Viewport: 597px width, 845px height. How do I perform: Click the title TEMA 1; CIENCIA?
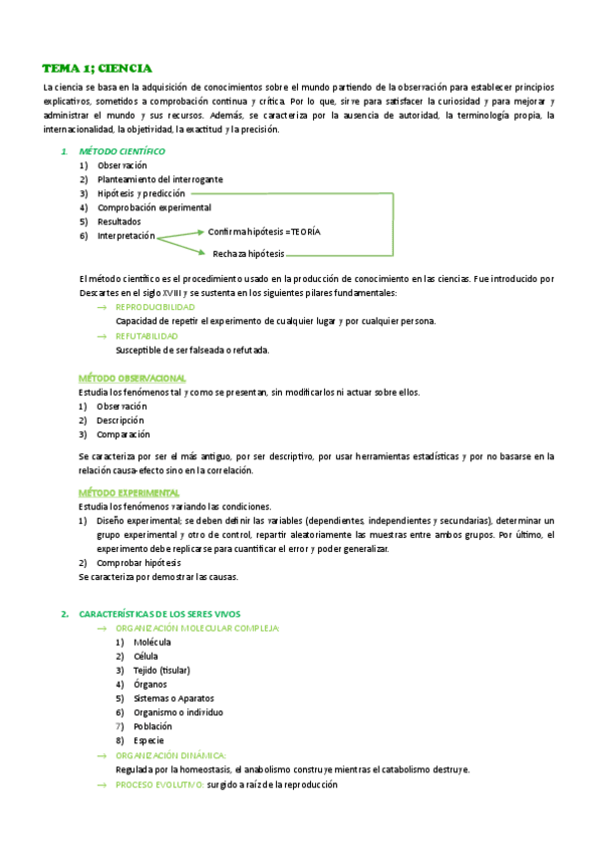tap(97, 68)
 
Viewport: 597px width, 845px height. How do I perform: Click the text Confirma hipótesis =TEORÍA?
tap(264, 231)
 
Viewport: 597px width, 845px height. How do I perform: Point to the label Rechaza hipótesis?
tap(248, 253)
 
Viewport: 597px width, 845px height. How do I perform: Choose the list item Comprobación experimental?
tap(153, 207)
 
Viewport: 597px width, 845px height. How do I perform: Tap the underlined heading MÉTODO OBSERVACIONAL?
tap(132, 379)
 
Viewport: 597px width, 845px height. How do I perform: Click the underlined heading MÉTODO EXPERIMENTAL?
tap(129, 493)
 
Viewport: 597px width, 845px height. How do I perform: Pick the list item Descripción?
tap(122, 421)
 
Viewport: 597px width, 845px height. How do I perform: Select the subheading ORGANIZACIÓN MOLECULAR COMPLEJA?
tap(197, 629)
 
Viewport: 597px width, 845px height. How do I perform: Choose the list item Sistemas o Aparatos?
tap(172, 699)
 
